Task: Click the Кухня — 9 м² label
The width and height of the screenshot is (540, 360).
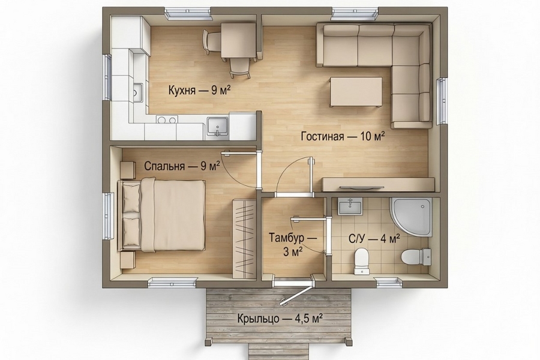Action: tap(199, 91)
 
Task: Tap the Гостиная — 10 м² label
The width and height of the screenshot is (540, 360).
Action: tap(343, 136)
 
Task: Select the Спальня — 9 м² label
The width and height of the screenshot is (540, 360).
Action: tap(182, 167)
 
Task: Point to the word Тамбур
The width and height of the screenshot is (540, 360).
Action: tap(290, 238)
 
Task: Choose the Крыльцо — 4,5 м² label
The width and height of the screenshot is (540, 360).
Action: tap(280, 319)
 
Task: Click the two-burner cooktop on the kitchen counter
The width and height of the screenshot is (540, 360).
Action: tap(166, 120)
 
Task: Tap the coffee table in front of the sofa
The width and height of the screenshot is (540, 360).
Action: tap(356, 92)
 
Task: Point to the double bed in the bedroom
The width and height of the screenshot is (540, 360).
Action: tap(162, 216)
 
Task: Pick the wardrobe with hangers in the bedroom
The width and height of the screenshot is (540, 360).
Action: tap(244, 238)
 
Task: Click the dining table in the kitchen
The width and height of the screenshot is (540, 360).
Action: tap(239, 40)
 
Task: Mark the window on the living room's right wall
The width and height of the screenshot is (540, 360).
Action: tap(442, 101)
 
